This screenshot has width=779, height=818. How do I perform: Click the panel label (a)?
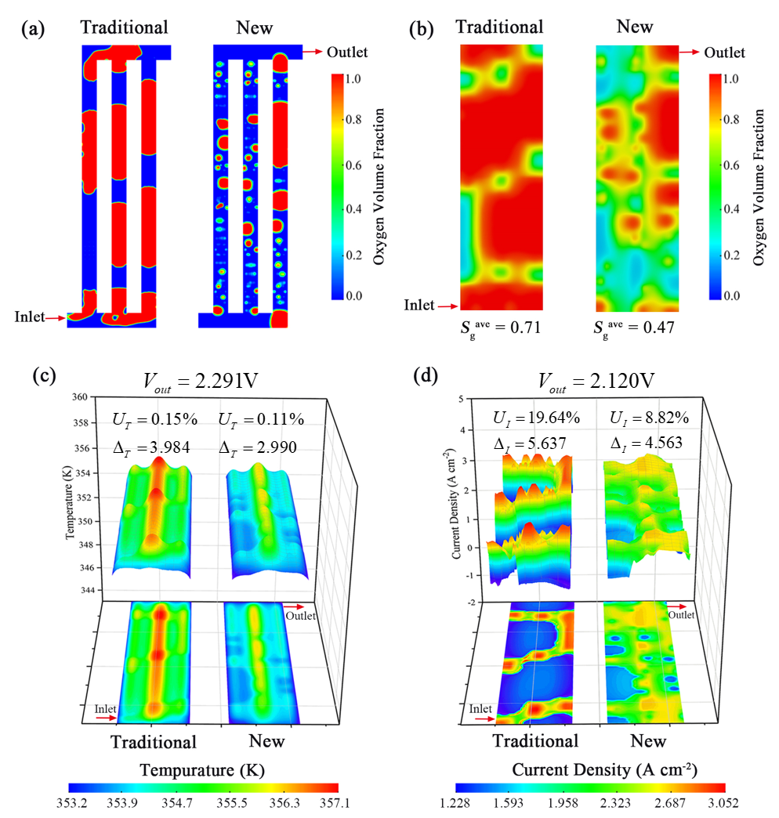tap(32, 29)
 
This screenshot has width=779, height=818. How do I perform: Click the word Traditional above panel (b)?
tap(499, 27)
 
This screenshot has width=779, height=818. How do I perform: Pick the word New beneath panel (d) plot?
tap(648, 740)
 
